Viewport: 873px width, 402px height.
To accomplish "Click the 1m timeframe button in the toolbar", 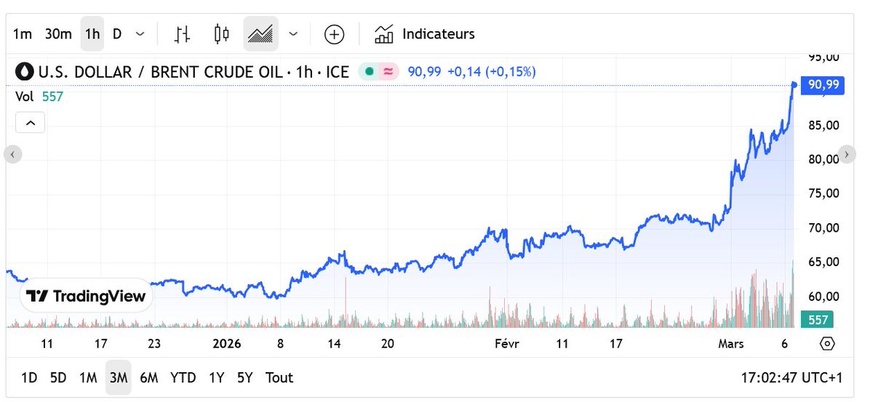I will tap(23, 34).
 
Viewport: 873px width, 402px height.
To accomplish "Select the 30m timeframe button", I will tap(58, 34).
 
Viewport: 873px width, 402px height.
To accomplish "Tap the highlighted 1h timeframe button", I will tap(92, 34).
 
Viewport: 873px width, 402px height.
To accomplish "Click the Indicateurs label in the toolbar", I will tap(438, 34).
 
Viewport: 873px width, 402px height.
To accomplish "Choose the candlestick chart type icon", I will tap(221, 34).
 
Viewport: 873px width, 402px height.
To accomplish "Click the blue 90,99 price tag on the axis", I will tap(823, 85).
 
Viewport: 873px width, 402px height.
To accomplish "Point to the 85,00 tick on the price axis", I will tap(824, 125).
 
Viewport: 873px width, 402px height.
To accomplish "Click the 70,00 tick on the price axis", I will tap(824, 228).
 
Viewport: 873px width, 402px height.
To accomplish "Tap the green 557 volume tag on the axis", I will tap(818, 320).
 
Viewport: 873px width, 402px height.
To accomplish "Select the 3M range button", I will tap(119, 377).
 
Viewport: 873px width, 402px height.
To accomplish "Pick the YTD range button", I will tap(183, 377).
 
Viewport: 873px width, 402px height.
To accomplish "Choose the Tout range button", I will tap(279, 377).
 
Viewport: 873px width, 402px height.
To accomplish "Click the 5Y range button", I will tap(245, 377).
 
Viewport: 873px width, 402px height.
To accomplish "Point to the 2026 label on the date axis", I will tap(227, 344).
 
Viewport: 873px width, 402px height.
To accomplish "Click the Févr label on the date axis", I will tap(506, 344).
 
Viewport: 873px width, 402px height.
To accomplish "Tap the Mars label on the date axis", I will tap(730, 344).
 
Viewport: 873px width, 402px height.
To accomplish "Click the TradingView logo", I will tap(86, 296).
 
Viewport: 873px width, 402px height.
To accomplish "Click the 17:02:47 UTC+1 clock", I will tap(792, 378).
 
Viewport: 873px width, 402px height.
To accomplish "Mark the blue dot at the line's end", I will tap(794, 85).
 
